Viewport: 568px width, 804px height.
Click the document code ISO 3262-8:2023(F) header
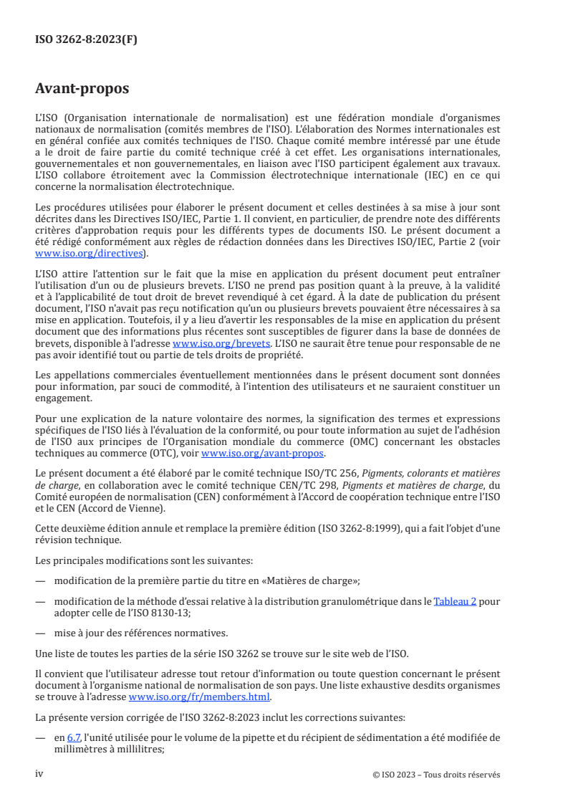click(x=86, y=40)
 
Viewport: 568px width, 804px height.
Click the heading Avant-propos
click(x=82, y=90)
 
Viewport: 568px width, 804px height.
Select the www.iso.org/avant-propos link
click(x=263, y=454)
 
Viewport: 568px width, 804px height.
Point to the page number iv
click(x=40, y=774)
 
